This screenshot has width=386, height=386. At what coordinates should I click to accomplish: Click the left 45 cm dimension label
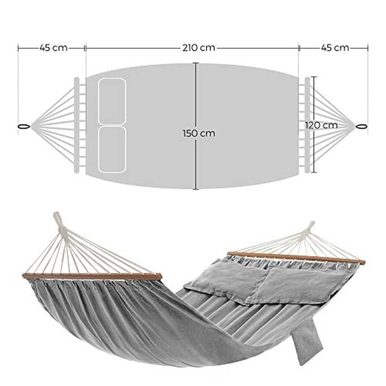(53, 48)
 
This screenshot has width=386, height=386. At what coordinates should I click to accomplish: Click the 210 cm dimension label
(199, 48)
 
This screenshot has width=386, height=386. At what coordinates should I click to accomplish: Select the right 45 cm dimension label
(335, 48)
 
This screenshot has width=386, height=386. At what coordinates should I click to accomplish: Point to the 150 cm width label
(199, 133)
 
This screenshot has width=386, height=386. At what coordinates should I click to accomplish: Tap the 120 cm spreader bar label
(322, 125)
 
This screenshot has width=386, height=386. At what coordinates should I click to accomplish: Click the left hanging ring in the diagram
(24, 127)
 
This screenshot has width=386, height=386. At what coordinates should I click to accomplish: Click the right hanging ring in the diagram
(361, 127)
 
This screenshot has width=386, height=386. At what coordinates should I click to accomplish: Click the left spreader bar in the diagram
(77, 125)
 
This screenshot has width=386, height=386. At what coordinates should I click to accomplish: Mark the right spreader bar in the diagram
(307, 125)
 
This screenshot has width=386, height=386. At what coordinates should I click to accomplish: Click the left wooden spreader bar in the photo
(92, 276)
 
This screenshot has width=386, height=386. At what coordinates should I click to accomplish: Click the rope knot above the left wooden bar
(61, 227)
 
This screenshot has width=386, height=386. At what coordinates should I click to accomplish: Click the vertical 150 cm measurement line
(196, 126)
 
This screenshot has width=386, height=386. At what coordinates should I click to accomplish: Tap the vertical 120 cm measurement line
(314, 125)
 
